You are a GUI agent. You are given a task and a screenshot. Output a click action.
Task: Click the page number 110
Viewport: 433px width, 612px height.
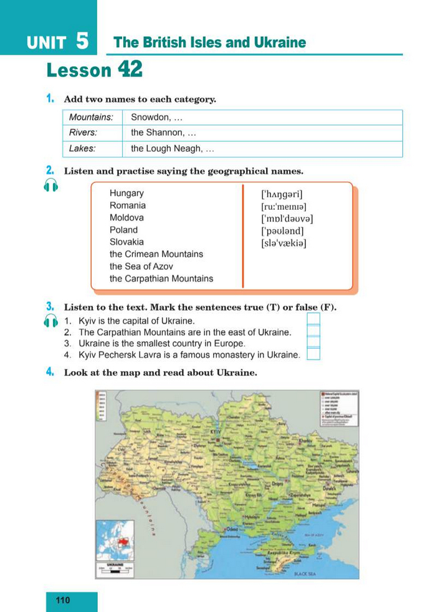click(63, 601)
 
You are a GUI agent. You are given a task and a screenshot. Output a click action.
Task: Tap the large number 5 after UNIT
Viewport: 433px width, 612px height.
click(82, 41)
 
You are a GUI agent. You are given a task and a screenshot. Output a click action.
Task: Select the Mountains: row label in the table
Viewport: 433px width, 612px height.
click(91, 117)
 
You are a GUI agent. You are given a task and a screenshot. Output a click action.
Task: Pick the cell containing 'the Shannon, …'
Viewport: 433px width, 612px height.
click(164, 133)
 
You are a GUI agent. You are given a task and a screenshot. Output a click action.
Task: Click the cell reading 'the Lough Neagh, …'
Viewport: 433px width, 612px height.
click(173, 149)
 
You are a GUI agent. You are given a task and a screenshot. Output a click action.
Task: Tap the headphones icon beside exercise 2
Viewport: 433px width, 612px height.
click(51, 185)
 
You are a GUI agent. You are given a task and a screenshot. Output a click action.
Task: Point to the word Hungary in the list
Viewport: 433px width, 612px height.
click(126, 194)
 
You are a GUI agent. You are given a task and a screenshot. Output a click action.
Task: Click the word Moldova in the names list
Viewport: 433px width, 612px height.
click(126, 218)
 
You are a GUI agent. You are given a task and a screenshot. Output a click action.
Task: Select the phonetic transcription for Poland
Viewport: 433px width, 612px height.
click(283, 231)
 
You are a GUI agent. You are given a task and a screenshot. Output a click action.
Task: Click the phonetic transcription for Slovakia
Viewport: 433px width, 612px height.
click(284, 243)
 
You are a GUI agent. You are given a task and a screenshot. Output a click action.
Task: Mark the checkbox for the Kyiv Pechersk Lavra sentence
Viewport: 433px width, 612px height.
click(314, 355)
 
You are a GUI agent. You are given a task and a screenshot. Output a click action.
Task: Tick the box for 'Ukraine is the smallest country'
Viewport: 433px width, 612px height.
click(314, 343)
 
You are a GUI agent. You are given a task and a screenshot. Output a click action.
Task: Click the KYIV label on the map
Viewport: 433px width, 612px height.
click(217, 431)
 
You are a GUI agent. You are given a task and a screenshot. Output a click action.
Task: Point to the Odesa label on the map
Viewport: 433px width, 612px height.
click(222, 529)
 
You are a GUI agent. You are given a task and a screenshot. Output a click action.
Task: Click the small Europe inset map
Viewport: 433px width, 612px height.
click(115, 539)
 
